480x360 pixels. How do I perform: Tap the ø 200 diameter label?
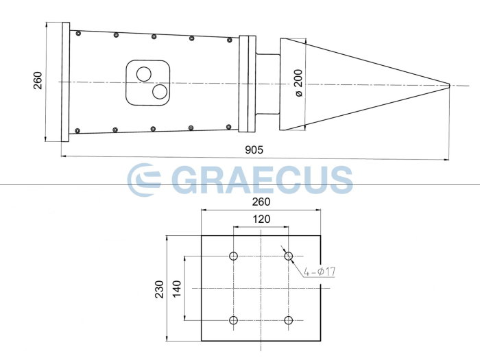(x=298, y=82)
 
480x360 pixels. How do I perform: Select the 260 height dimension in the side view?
(x=37, y=82)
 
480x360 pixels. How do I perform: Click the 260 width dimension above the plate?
(x=261, y=202)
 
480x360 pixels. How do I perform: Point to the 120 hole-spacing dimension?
(x=261, y=219)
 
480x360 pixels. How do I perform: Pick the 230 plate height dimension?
(x=159, y=289)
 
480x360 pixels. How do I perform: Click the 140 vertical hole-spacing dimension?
(x=177, y=288)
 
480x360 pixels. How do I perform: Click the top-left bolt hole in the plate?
(x=234, y=256)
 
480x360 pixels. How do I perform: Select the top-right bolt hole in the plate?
(x=289, y=256)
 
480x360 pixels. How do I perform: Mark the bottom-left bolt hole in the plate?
(x=234, y=320)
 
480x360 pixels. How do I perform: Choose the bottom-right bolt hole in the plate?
(x=289, y=320)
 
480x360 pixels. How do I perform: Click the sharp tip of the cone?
(x=449, y=85)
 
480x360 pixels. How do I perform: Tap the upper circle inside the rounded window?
(x=143, y=73)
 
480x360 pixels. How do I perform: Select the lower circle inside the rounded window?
(x=160, y=91)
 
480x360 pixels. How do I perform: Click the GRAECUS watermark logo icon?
(x=144, y=179)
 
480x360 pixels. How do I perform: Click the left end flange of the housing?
(x=65, y=82)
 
